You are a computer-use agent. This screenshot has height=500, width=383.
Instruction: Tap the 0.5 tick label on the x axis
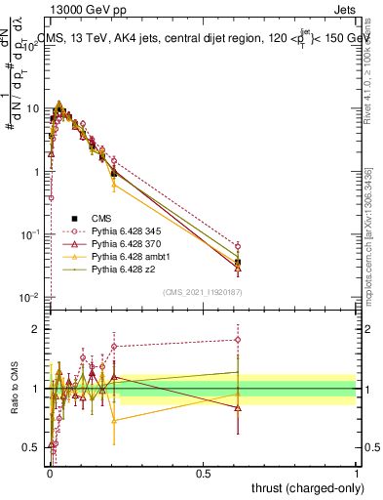[x=203, y=473]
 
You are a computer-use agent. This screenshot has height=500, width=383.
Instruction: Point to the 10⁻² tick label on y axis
[x=30, y=297]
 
